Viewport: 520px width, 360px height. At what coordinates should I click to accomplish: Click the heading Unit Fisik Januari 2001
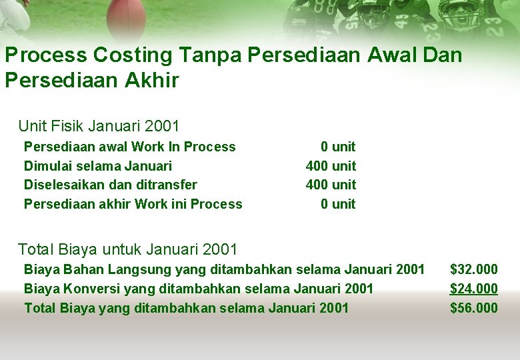[x=99, y=125]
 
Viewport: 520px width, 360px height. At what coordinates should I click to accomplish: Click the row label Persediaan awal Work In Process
[x=129, y=147]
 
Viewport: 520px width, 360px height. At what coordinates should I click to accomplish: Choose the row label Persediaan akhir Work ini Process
[x=133, y=204]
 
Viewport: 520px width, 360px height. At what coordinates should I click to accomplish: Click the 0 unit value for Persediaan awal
[x=338, y=147]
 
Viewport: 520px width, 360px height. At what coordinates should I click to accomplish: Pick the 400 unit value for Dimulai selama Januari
[x=331, y=166]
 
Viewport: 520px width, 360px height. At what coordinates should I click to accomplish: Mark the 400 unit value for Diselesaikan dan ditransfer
[x=331, y=185]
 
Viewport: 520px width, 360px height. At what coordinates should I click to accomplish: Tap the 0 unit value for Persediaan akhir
[x=338, y=204]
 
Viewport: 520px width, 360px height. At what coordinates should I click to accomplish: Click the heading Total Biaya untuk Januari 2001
[x=127, y=249]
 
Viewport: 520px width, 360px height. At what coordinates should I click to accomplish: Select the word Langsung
[x=141, y=269]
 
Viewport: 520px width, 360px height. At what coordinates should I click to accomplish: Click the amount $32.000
[x=473, y=269]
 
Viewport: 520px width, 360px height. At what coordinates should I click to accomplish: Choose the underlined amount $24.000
[x=473, y=289]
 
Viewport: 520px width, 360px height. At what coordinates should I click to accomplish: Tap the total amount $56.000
[x=473, y=308]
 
